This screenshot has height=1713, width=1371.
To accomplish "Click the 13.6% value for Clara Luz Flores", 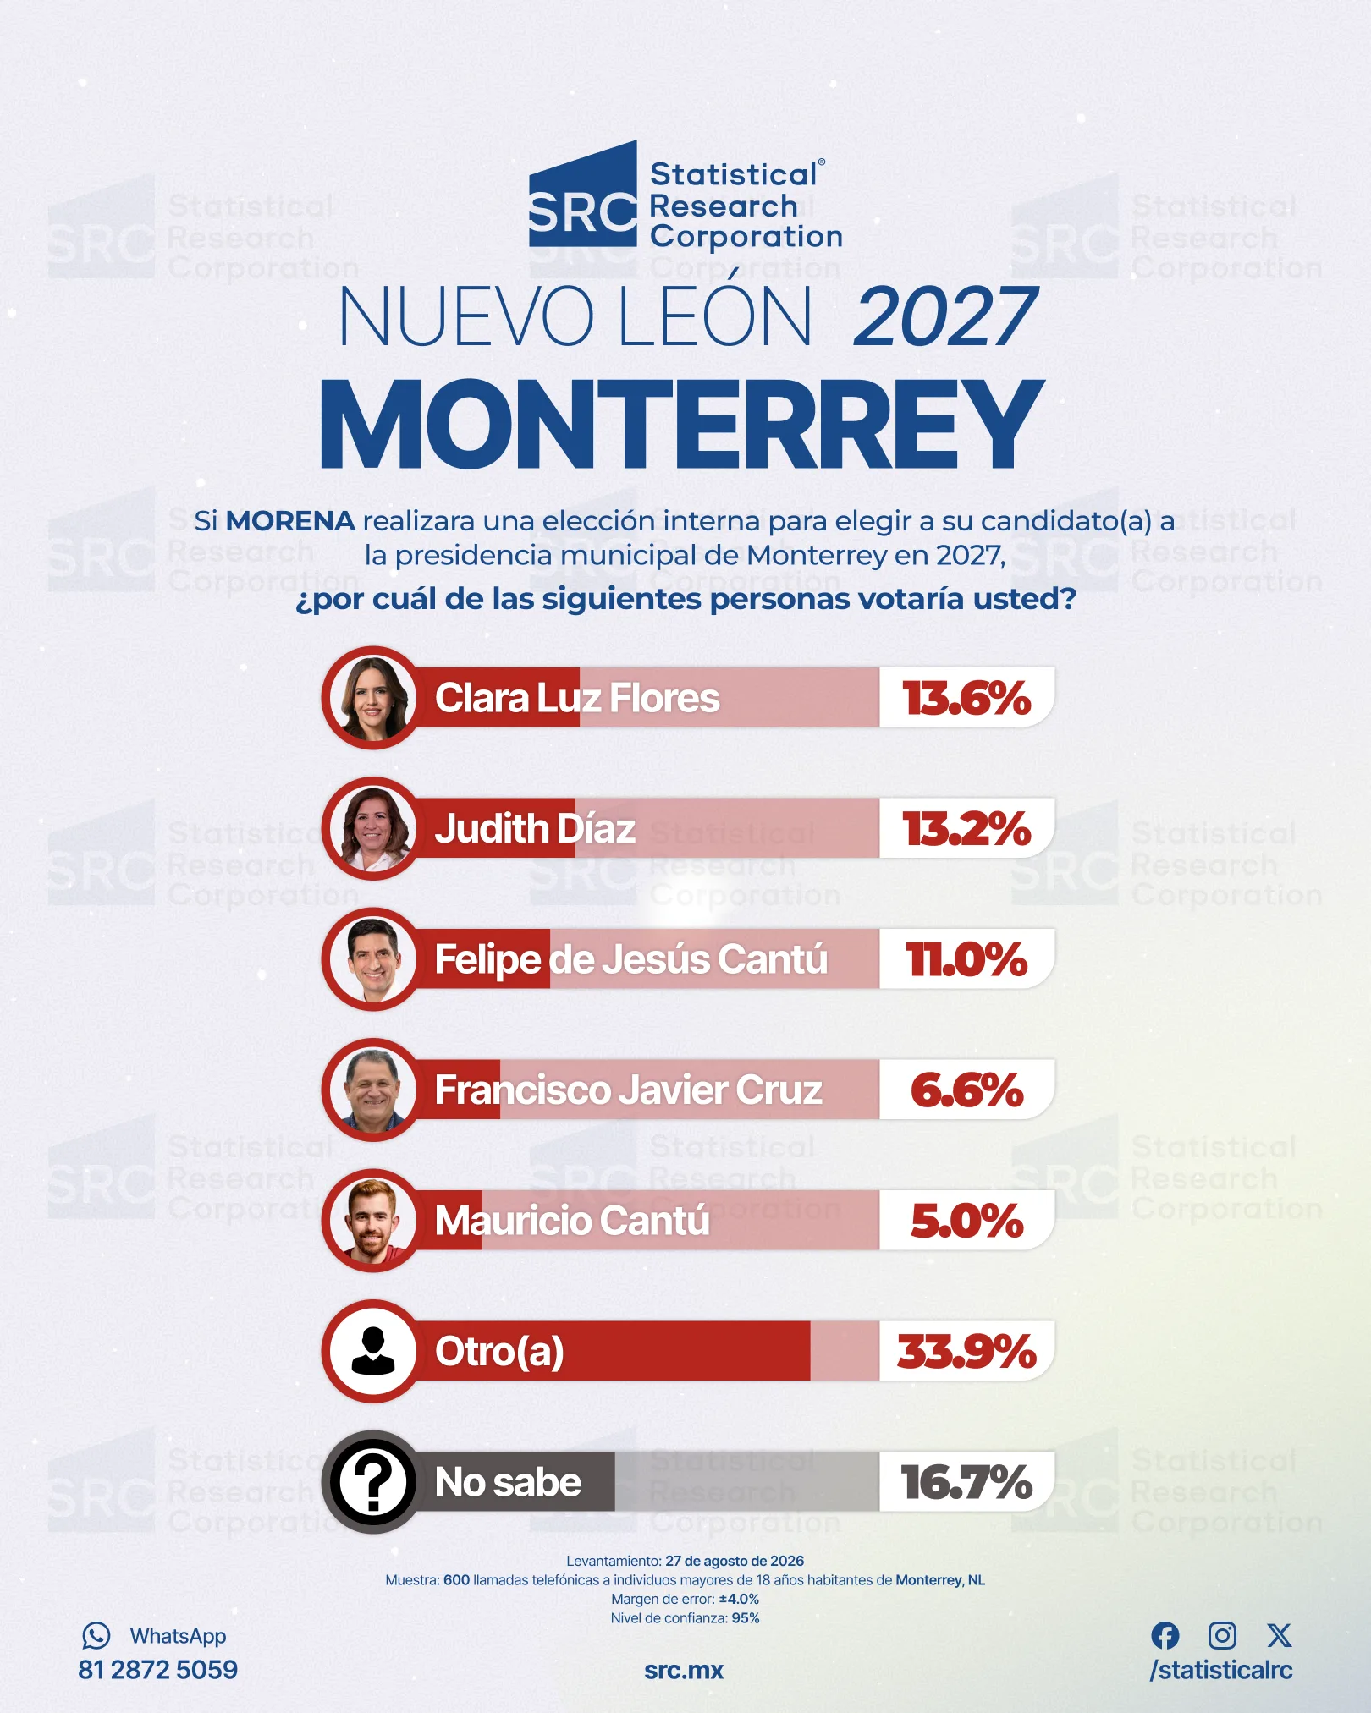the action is coord(966,699).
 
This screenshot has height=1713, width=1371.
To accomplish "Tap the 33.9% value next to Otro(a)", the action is coord(966,1351).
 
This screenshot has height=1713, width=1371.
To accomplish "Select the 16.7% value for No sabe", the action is coord(966,1482).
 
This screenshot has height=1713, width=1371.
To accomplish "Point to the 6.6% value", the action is coord(966,1090).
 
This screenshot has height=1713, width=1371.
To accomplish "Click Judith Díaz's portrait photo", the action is coord(372,829).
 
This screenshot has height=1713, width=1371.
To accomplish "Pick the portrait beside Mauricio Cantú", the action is coord(372,1221).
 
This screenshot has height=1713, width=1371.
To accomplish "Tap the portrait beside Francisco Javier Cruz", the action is coord(372,1090).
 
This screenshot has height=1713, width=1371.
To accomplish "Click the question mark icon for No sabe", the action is coord(372,1482).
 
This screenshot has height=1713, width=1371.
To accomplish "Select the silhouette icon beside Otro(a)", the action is coord(372,1351).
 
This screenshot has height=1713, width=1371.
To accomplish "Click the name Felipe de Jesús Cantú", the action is coord(630,960).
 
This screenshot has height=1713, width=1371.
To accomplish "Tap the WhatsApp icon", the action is coord(96,1635).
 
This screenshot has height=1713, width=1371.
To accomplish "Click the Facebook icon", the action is coord(1165,1635).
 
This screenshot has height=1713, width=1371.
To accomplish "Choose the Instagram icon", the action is coord(1222,1635).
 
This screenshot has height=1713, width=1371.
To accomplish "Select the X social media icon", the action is coord(1280,1635).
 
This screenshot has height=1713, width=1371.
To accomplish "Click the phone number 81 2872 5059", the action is coord(158,1670).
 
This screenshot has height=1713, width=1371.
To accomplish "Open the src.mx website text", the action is coord(684,1671).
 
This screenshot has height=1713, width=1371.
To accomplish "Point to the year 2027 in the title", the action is coord(945,317).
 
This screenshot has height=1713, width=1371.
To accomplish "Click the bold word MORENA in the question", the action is coord(290,521).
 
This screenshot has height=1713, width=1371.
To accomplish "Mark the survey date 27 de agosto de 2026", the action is coord(735,1561).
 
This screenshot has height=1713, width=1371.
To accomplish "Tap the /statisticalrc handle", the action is coord(1221,1670).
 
